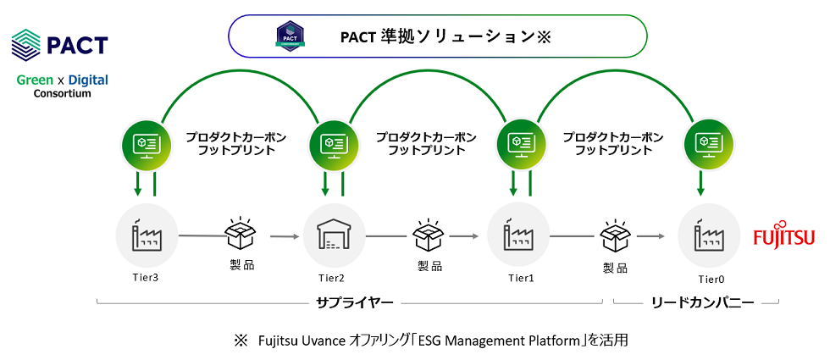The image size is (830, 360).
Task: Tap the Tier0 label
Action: pos(709,277)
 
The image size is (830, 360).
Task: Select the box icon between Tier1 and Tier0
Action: pos(616,234)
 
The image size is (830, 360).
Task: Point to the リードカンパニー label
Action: pos(694,302)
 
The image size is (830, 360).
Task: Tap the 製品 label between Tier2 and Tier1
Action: pos(429,265)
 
